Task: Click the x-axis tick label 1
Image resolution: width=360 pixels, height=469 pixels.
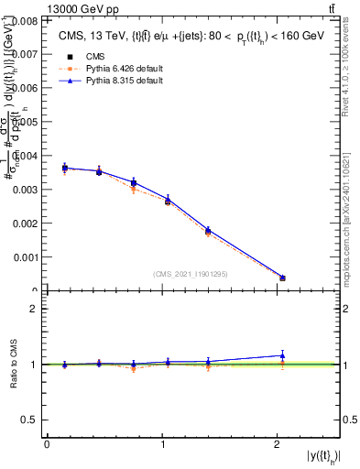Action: (162, 444)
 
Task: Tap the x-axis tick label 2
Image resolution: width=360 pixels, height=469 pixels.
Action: (278, 444)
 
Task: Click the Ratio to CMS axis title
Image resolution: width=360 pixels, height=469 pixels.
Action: (13, 364)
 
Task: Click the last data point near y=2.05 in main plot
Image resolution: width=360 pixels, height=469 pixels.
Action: (282, 278)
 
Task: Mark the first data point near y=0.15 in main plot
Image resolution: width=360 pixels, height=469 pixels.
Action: (64, 168)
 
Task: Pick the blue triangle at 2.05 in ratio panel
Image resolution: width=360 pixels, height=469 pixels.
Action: (282, 355)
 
